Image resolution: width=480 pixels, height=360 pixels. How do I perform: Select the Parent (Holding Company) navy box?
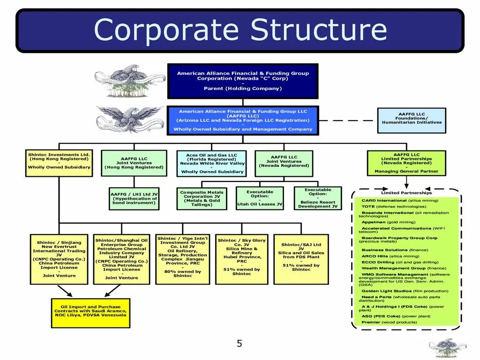243,81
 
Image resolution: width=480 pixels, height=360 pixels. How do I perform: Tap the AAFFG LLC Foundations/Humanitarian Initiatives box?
412,120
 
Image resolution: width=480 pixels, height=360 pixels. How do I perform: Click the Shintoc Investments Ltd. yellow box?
59,163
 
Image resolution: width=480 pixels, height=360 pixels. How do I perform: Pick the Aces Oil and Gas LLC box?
211,163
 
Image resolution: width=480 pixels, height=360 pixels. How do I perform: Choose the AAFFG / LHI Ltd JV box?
134,198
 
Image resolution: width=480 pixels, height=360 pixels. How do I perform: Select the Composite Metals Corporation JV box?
202,198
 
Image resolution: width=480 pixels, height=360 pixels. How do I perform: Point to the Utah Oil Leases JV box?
260,198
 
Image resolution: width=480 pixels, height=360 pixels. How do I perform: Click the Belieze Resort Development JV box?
318,198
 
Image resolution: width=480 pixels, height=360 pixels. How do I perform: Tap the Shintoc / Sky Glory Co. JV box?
241,259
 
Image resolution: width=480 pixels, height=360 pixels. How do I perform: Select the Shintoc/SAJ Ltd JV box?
301,259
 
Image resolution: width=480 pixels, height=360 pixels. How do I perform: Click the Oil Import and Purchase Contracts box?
90,313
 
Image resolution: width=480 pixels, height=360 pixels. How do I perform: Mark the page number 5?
240,344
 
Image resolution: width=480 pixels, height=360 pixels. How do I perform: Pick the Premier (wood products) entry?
389,322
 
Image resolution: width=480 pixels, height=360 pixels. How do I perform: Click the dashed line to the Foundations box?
348,120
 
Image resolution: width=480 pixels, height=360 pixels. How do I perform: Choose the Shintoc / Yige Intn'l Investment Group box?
182,259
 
